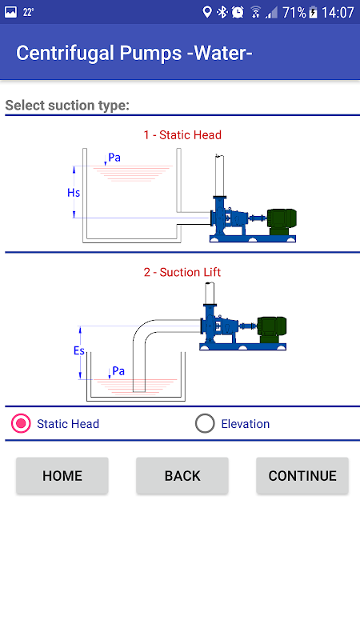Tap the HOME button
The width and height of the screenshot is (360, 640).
pyautogui.click(x=62, y=475)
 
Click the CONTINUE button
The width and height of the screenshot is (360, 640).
pyautogui.click(x=302, y=475)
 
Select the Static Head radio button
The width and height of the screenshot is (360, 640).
pyautogui.click(x=21, y=424)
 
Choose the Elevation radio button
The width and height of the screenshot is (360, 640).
pyautogui.click(x=205, y=424)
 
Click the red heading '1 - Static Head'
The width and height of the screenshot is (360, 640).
pyautogui.click(x=182, y=135)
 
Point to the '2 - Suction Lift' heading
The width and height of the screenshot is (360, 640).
pyautogui.click(x=182, y=272)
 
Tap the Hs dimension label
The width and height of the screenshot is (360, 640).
pyautogui.click(x=74, y=193)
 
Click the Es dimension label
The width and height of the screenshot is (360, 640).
pyautogui.click(x=79, y=350)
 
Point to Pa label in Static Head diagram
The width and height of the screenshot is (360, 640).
pyautogui.click(x=114, y=158)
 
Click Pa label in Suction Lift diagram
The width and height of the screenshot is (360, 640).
pyautogui.click(x=118, y=371)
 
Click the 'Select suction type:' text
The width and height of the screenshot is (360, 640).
pyautogui.click(x=67, y=106)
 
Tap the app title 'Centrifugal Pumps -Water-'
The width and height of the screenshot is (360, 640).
pyautogui.click(x=134, y=53)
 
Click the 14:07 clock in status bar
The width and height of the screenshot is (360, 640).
pyautogui.click(x=338, y=13)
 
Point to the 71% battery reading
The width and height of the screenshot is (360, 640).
pyautogui.click(x=294, y=13)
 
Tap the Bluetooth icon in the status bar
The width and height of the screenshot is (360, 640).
pyautogui.click(x=222, y=12)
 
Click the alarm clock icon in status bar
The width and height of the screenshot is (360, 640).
pyautogui.click(x=238, y=12)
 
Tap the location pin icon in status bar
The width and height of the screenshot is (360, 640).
pyautogui.click(x=207, y=12)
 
